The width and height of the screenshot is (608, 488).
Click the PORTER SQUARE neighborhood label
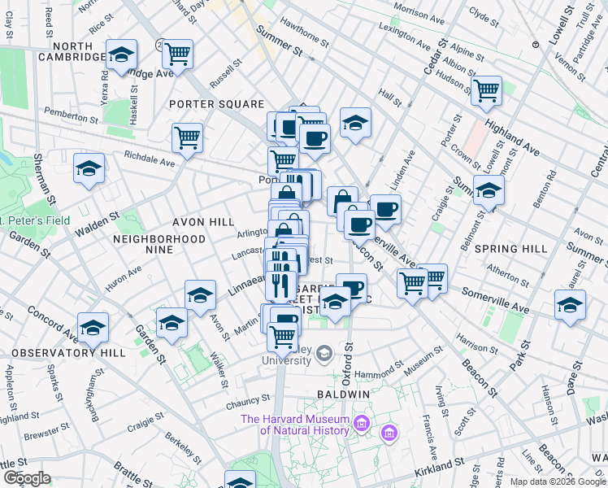point(216,104)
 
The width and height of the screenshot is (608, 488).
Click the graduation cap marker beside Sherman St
point(89,168)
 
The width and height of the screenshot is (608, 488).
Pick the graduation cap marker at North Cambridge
point(120,54)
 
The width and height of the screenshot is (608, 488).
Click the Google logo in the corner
point(27,478)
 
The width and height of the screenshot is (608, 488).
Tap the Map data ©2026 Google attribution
point(557,481)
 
